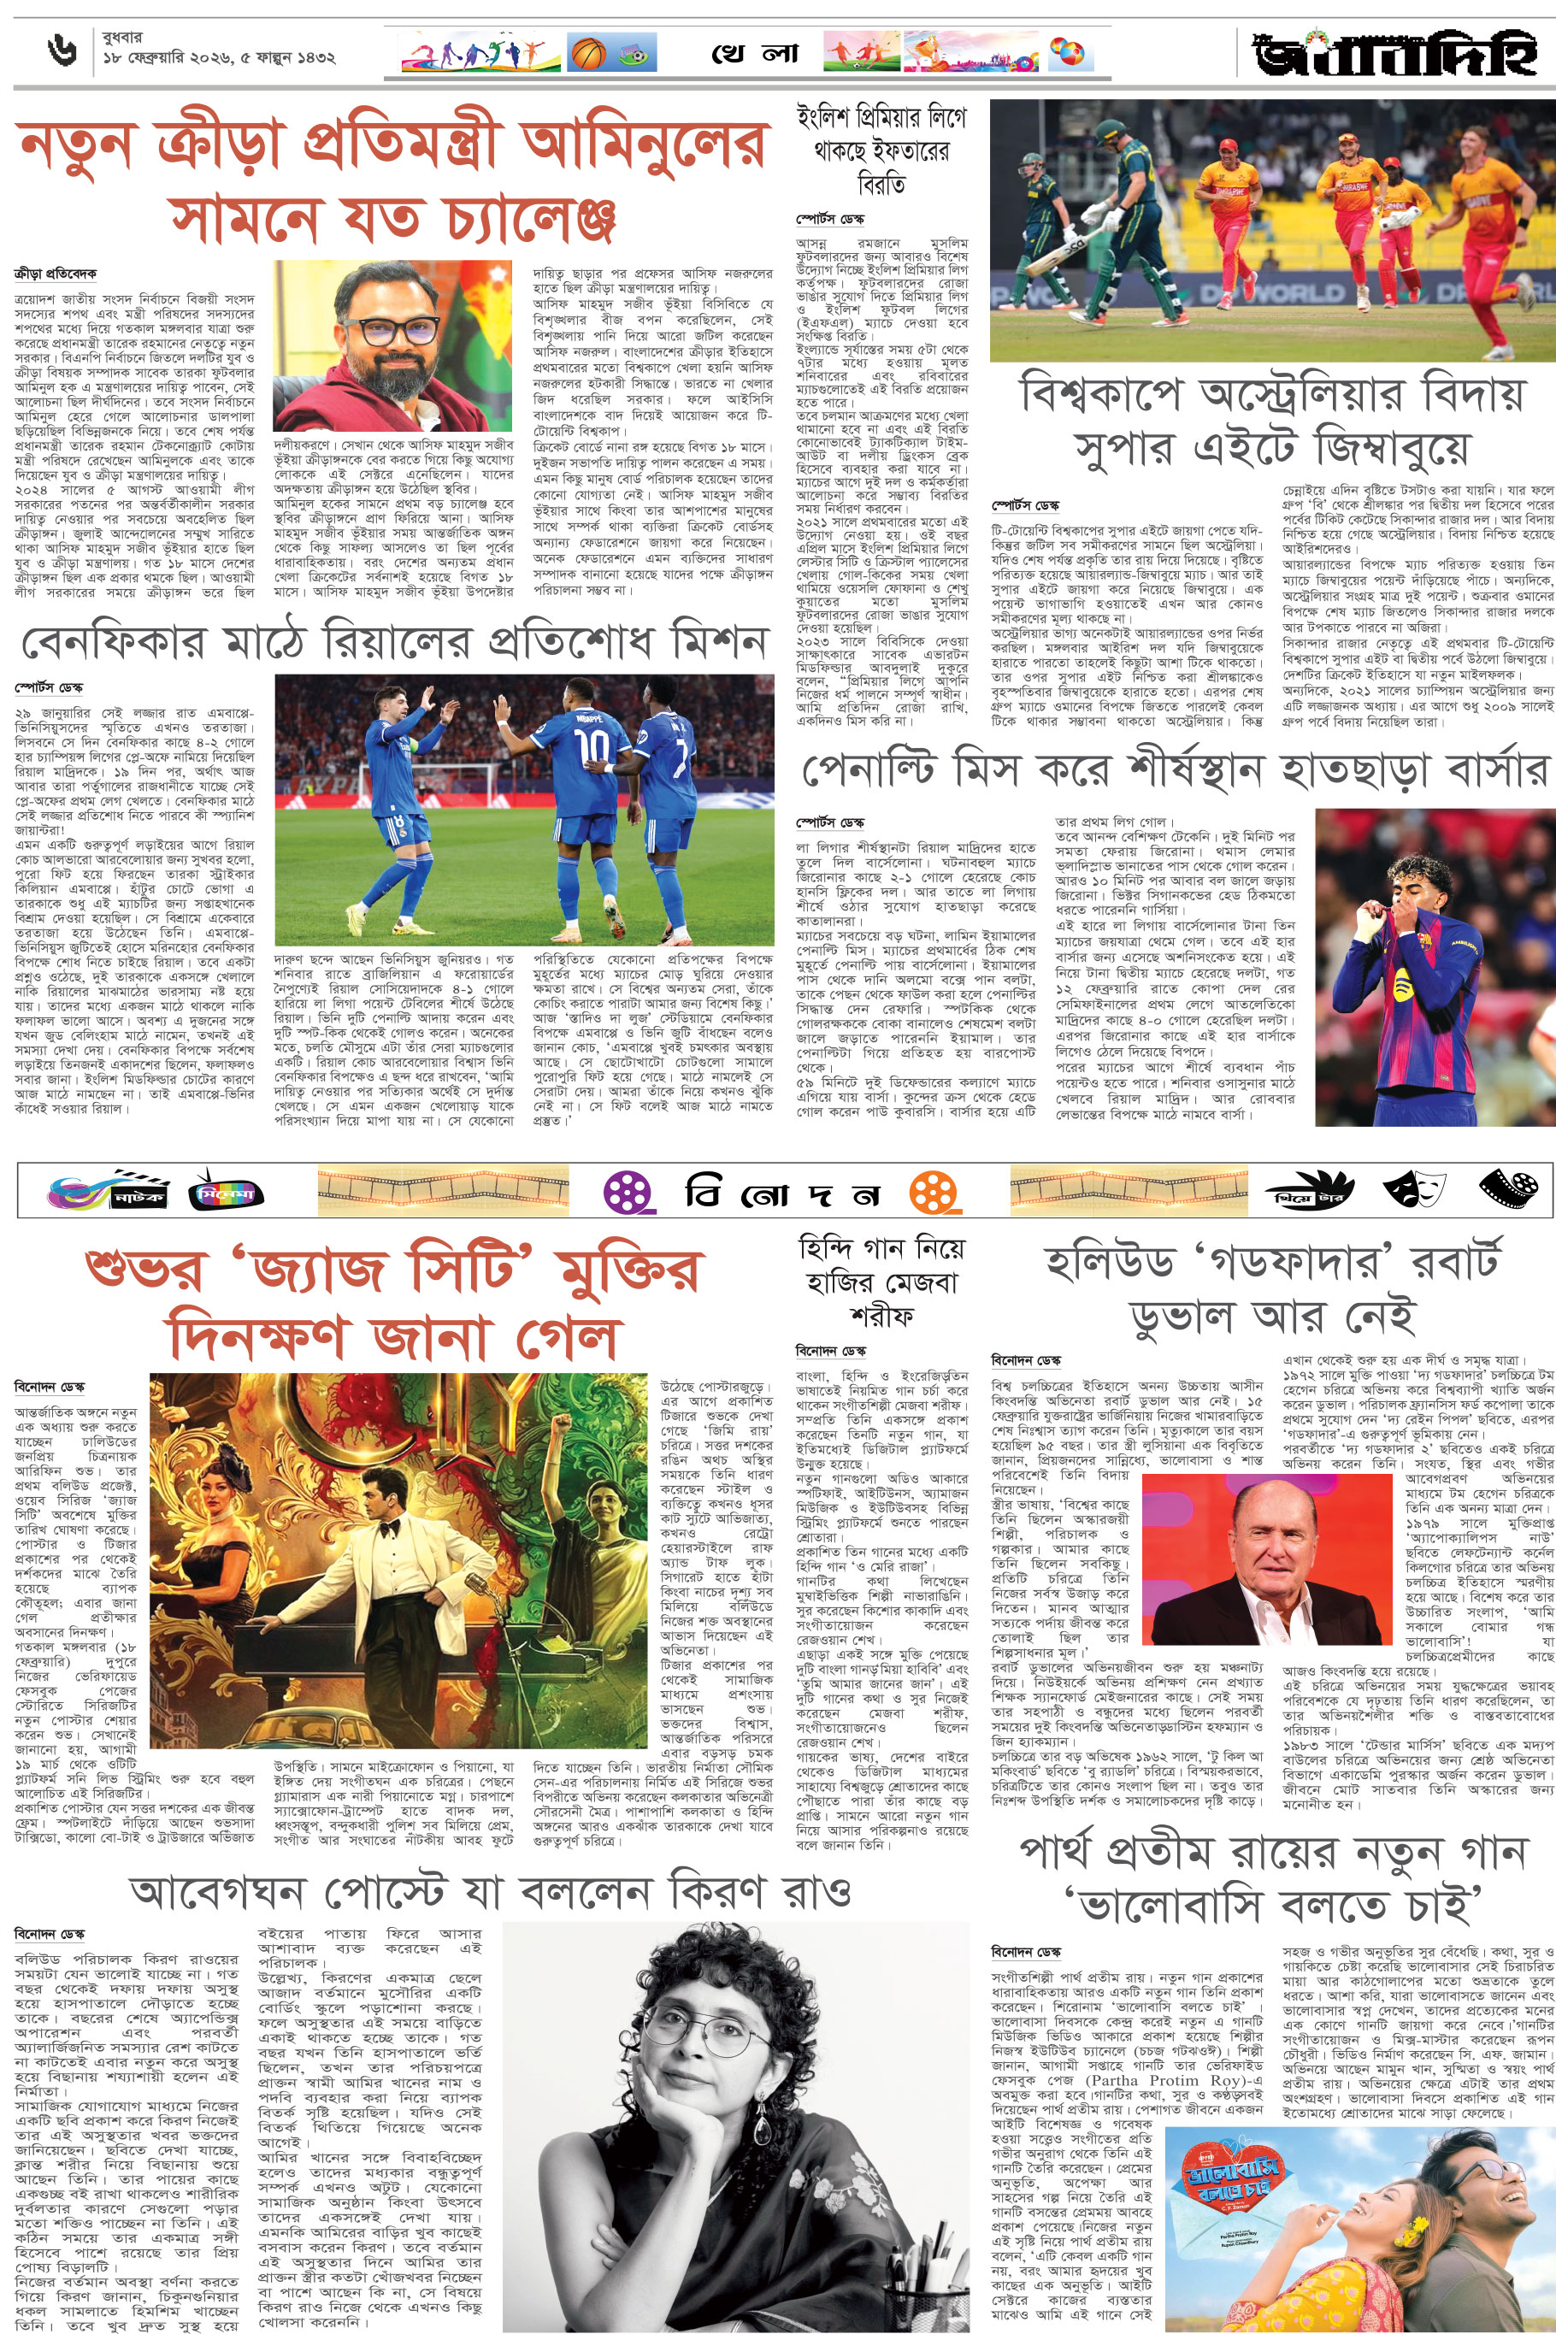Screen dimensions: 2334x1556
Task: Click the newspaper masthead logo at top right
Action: (1395, 56)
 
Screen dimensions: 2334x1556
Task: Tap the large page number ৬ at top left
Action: (62, 50)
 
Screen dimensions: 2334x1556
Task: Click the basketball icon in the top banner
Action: (587, 53)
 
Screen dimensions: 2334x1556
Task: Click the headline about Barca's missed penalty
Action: (1174, 770)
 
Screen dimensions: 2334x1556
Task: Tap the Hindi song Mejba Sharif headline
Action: (881, 1281)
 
